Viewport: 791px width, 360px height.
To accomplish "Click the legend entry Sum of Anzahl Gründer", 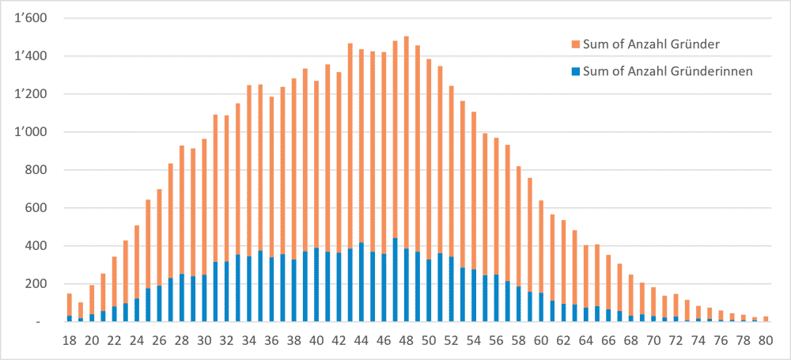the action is [x=650, y=44].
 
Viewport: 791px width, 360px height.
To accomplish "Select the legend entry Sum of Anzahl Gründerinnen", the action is [x=663, y=71].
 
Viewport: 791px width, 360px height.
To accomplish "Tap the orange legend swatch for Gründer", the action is [x=576, y=44].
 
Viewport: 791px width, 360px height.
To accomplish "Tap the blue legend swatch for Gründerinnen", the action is [x=576, y=72].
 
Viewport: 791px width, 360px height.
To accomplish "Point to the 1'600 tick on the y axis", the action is [x=32, y=19].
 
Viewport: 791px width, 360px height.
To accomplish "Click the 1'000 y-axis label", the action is [x=32, y=132].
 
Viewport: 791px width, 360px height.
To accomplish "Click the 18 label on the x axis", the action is [x=69, y=341].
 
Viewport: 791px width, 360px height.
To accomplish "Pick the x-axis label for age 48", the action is [x=407, y=341].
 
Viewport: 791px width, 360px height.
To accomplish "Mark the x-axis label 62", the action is [x=564, y=341].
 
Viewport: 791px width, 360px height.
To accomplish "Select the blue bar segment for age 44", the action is [x=361, y=282].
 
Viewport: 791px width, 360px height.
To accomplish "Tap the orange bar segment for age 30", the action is [x=204, y=207].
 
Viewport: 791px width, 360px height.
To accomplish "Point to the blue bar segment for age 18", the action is [x=69, y=319].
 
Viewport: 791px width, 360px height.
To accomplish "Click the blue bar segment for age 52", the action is [x=452, y=289].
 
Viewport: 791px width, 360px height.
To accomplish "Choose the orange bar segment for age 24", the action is [x=137, y=262].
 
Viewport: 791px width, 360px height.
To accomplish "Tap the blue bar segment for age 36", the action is [x=272, y=290].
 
